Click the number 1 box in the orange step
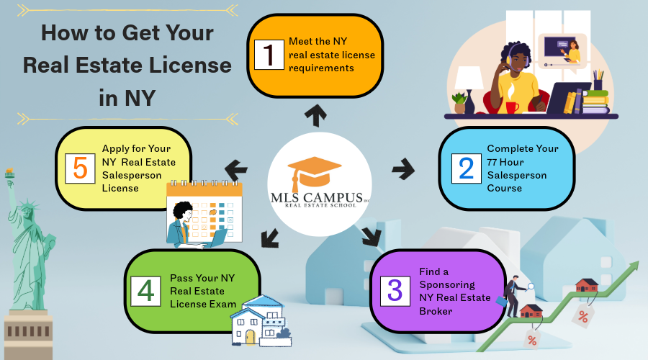tap(269, 54)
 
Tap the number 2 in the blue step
tap(466, 167)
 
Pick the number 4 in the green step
tap(146, 290)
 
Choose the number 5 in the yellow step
tap(80, 167)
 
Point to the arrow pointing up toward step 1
tap(315, 113)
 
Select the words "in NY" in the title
tap(127, 97)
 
